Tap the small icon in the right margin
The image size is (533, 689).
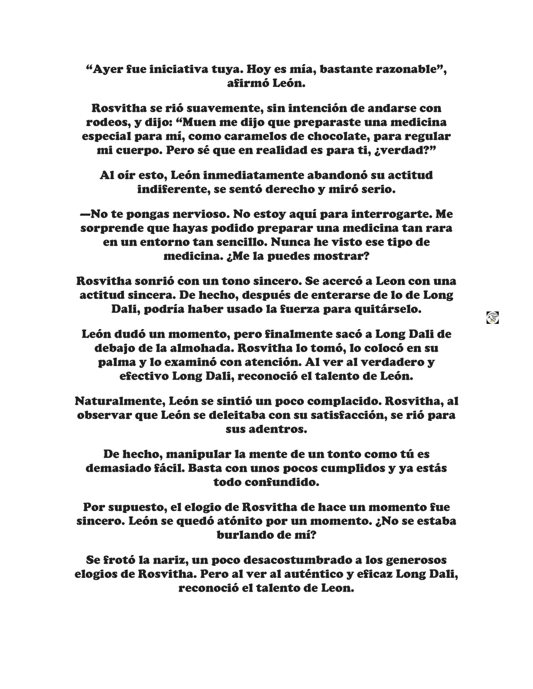pos(492,317)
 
